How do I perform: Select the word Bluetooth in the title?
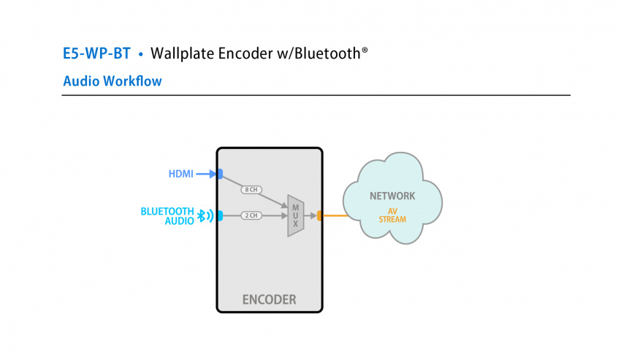[x=327, y=54]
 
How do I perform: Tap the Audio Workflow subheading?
[x=113, y=81]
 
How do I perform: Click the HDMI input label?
[x=180, y=174]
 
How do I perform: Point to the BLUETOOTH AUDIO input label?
[x=168, y=215]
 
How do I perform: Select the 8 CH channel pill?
[x=251, y=190]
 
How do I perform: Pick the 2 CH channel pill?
[x=251, y=215]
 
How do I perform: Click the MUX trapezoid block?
[x=295, y=215]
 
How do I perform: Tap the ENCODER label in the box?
[x=269, y=299]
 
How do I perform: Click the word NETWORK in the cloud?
[x=392, y=196]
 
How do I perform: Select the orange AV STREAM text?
[x=392, y=215]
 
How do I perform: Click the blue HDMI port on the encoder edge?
[x=219, y=174]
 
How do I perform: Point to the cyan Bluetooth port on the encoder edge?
[x=219, y=215]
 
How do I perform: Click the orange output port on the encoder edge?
[x=320, y=215]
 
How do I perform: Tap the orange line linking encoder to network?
[x=335, y=215]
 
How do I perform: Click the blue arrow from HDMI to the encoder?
[x=206, y=174]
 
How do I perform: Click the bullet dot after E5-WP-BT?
[x=140, y=55]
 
